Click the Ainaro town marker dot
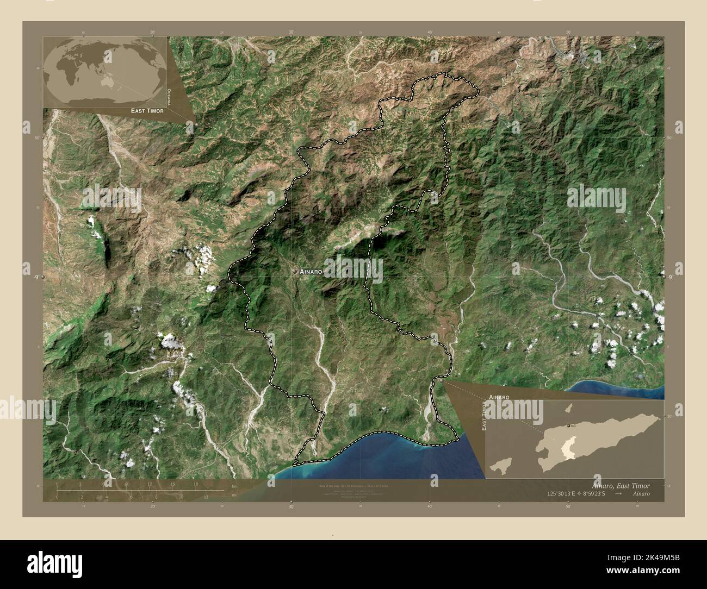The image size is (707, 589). (x=294, y=271)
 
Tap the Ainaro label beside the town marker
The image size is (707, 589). (x=312, y=271)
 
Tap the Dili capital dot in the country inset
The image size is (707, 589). (x=568, y=426)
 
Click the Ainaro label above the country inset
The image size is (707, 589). (x=499, y=398)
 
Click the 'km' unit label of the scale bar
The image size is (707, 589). (x=234, y=486)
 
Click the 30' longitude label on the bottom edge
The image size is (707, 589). (x=292, y=506)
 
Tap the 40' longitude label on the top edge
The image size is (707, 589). (x=430, y=33)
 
